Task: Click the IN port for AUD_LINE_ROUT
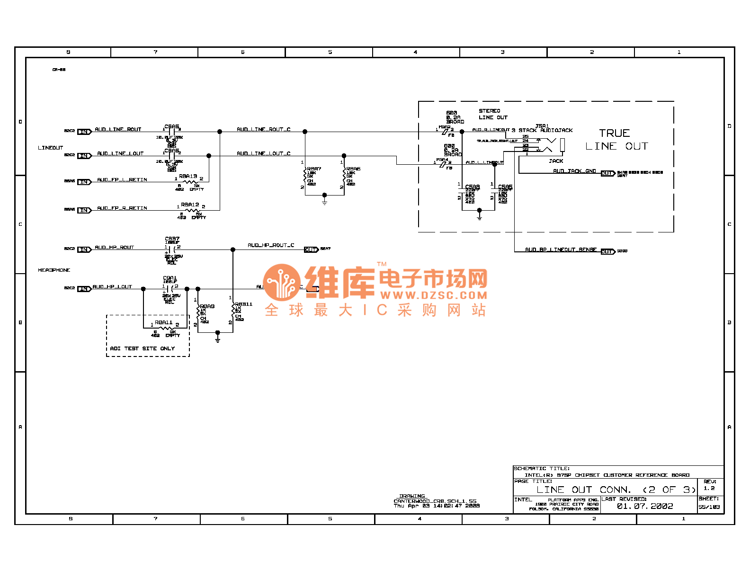(84, 132)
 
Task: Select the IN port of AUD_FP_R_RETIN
(84, 210)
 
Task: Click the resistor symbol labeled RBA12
(192, 210)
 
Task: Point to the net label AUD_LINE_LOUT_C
(263, 153)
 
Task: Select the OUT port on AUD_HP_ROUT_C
(311, 249)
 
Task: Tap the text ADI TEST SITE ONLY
(142, 348)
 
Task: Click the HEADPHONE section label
(54, 270)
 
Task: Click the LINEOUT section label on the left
(50, 148)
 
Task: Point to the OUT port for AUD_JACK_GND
(607, 173)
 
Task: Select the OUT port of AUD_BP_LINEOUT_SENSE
(607, 251)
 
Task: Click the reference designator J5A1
(542, 126)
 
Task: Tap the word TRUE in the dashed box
(614, 134)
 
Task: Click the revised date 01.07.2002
(644, 506)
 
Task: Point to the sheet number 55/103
(709, 507)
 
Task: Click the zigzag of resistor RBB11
(233, 311)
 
